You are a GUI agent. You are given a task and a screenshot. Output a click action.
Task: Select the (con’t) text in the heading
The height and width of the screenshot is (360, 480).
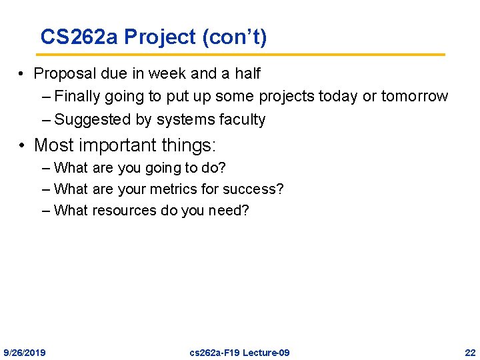pyautogui.click(x=234, y=37)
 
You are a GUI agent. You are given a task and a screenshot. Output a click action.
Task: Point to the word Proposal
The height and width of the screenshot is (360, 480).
pyautogui.click(x=63, y=73)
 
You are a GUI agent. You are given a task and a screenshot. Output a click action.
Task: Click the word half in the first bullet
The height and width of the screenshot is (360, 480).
pyautogui.click(x=247, y=73)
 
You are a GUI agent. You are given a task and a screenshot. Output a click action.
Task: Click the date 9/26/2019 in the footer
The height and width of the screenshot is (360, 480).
pyautogui.click(x=25, y=352)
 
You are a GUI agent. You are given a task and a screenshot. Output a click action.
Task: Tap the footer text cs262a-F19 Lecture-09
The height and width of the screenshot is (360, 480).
pyautogui.click(x=239, y=352)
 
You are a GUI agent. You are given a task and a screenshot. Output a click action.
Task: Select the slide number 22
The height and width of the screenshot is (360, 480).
pyautogui.click(x=470, y=352)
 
